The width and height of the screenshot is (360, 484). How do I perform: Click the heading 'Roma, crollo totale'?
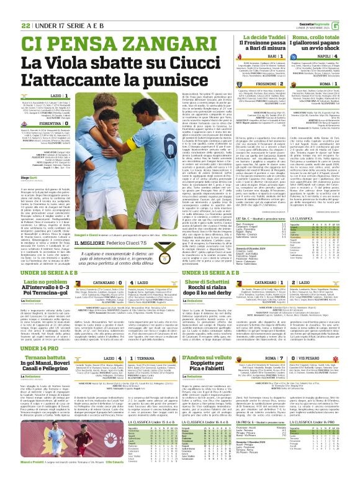coord(322,38)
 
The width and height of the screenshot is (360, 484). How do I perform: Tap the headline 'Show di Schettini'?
coord(209,283)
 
